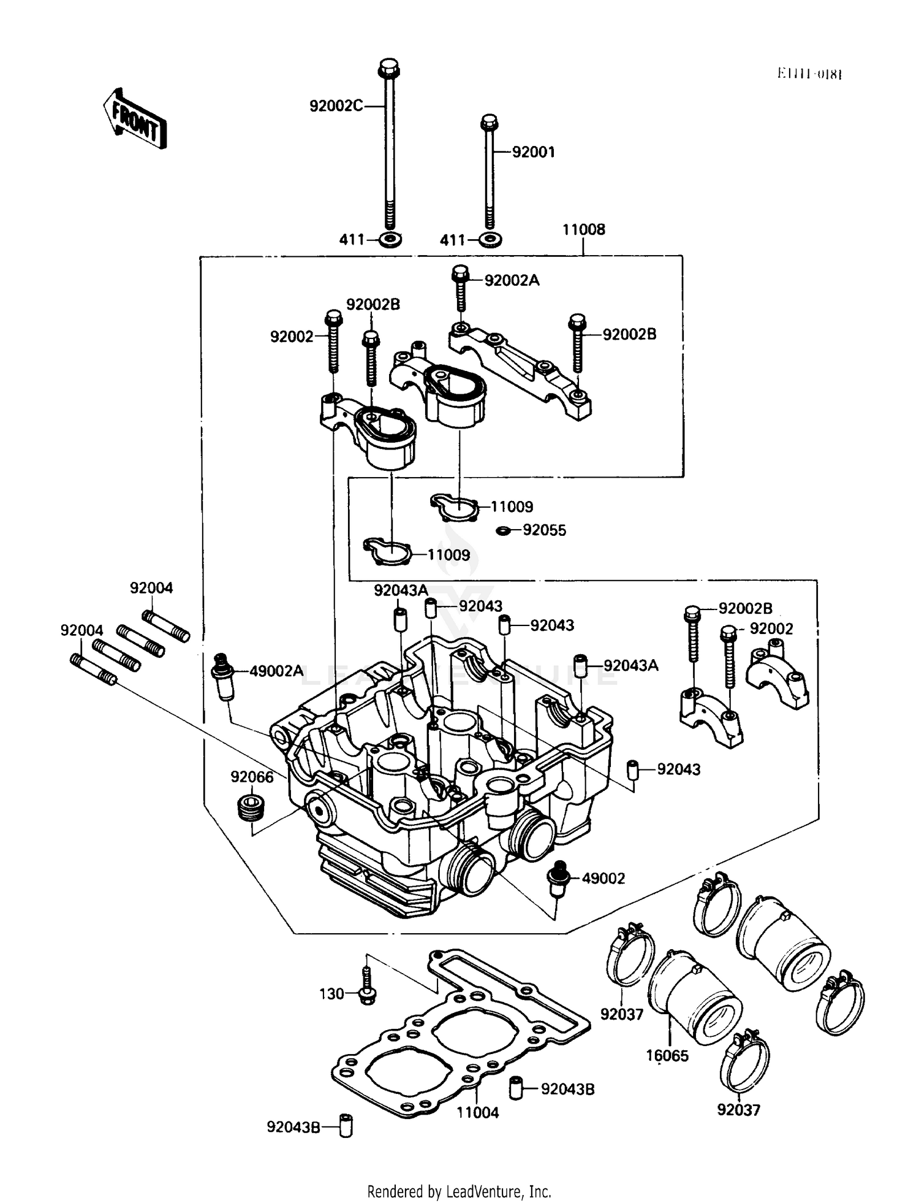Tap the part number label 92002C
tap(336, 106)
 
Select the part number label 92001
tap(533, 152)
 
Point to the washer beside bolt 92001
tap(490, 239)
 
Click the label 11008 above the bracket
tap(583, 229)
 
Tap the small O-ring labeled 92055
tap(503, 530)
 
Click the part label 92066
tap(252, 777)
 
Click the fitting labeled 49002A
tap(223, 676)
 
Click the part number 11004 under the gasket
tap(478, 1113)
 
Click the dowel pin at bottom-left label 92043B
tap(346, 1126)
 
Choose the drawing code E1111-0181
tap(809, 74)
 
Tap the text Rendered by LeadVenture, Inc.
tap(459, 1191)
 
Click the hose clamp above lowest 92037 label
tap(747, 1060)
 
